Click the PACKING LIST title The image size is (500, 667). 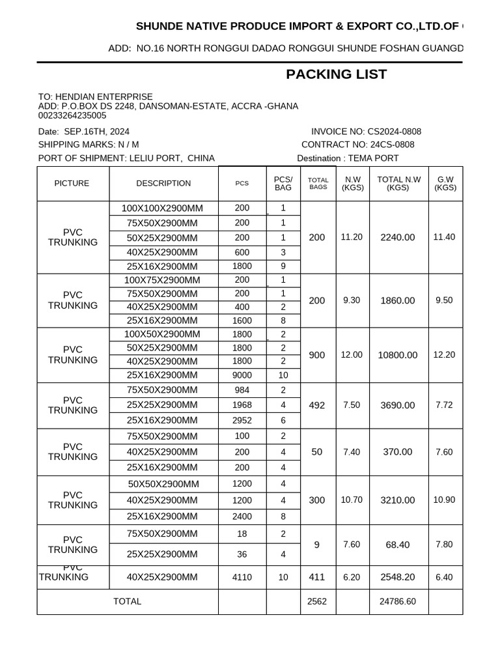point(336,74)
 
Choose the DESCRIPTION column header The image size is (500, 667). point(163,184)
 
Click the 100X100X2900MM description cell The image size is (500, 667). point(162,208)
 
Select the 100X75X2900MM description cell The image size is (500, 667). point(162,280)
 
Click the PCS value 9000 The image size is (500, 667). point(242,375)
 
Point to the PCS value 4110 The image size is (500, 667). point(242,577)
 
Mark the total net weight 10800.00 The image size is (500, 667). point(398,356)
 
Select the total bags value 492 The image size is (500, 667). point(317,405)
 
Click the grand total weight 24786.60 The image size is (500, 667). point(397,602)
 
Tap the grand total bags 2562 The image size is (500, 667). point(317,602)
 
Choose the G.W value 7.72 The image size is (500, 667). point(444,405)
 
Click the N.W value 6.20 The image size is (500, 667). point(352,577)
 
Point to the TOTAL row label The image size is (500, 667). point(127,602)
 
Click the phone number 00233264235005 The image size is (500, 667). point(72,115)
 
